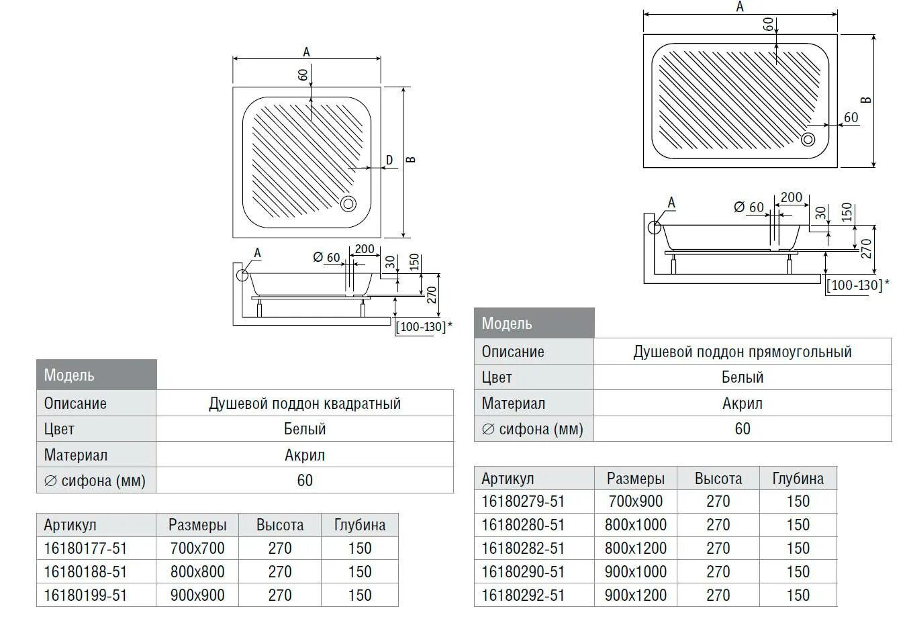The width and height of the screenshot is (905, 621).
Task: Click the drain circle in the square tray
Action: point(349,203)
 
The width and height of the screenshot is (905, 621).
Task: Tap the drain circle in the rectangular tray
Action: point(808,139)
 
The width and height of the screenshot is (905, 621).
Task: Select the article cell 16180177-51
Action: point(85,548)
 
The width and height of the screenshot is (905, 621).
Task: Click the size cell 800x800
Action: point(197,572)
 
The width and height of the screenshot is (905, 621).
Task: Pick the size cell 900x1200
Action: point(635,595)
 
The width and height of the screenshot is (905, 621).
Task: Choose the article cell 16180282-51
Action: point(523,548)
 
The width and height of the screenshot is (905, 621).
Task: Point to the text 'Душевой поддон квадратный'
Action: point(305,403)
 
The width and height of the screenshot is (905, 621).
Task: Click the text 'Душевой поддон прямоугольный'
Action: point(743,352)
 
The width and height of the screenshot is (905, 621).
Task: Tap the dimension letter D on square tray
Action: point(389,160)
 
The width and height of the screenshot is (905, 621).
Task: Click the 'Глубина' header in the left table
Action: point(360,525)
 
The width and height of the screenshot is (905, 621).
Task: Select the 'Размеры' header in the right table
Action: point(635,479)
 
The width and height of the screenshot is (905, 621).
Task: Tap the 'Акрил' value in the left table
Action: point(305,455)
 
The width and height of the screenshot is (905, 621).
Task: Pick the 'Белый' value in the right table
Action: point(743,377)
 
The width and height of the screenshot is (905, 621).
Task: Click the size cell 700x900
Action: point(635,501)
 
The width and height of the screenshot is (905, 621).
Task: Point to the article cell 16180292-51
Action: point(523,595)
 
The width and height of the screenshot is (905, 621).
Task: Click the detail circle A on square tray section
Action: point(242,275)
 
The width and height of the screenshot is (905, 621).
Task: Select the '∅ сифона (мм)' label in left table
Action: point(95,481)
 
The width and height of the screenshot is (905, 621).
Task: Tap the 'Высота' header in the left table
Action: point(280,525)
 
